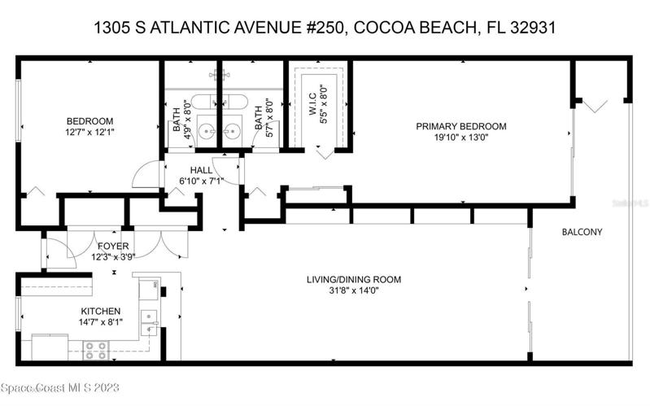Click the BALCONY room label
(x=582, y=232)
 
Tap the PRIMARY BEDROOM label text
(x=461, y=126)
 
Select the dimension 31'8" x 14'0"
(x=354, y=290)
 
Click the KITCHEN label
(x=101, y=311)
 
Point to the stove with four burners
(x=96, y=351)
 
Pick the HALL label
(x=202, y=170)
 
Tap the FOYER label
(x=113, y=247)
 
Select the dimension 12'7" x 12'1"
(x=89, y=133)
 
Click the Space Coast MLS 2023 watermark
(x=60, y=388)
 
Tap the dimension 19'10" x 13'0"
(x=461, y=138)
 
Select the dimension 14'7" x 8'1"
(x=101, y=322)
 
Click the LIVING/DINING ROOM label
(x=354, y=280)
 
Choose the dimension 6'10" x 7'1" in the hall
(x=202, y=181)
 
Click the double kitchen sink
(x=149, y=322)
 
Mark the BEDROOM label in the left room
(x=90, y=121)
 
